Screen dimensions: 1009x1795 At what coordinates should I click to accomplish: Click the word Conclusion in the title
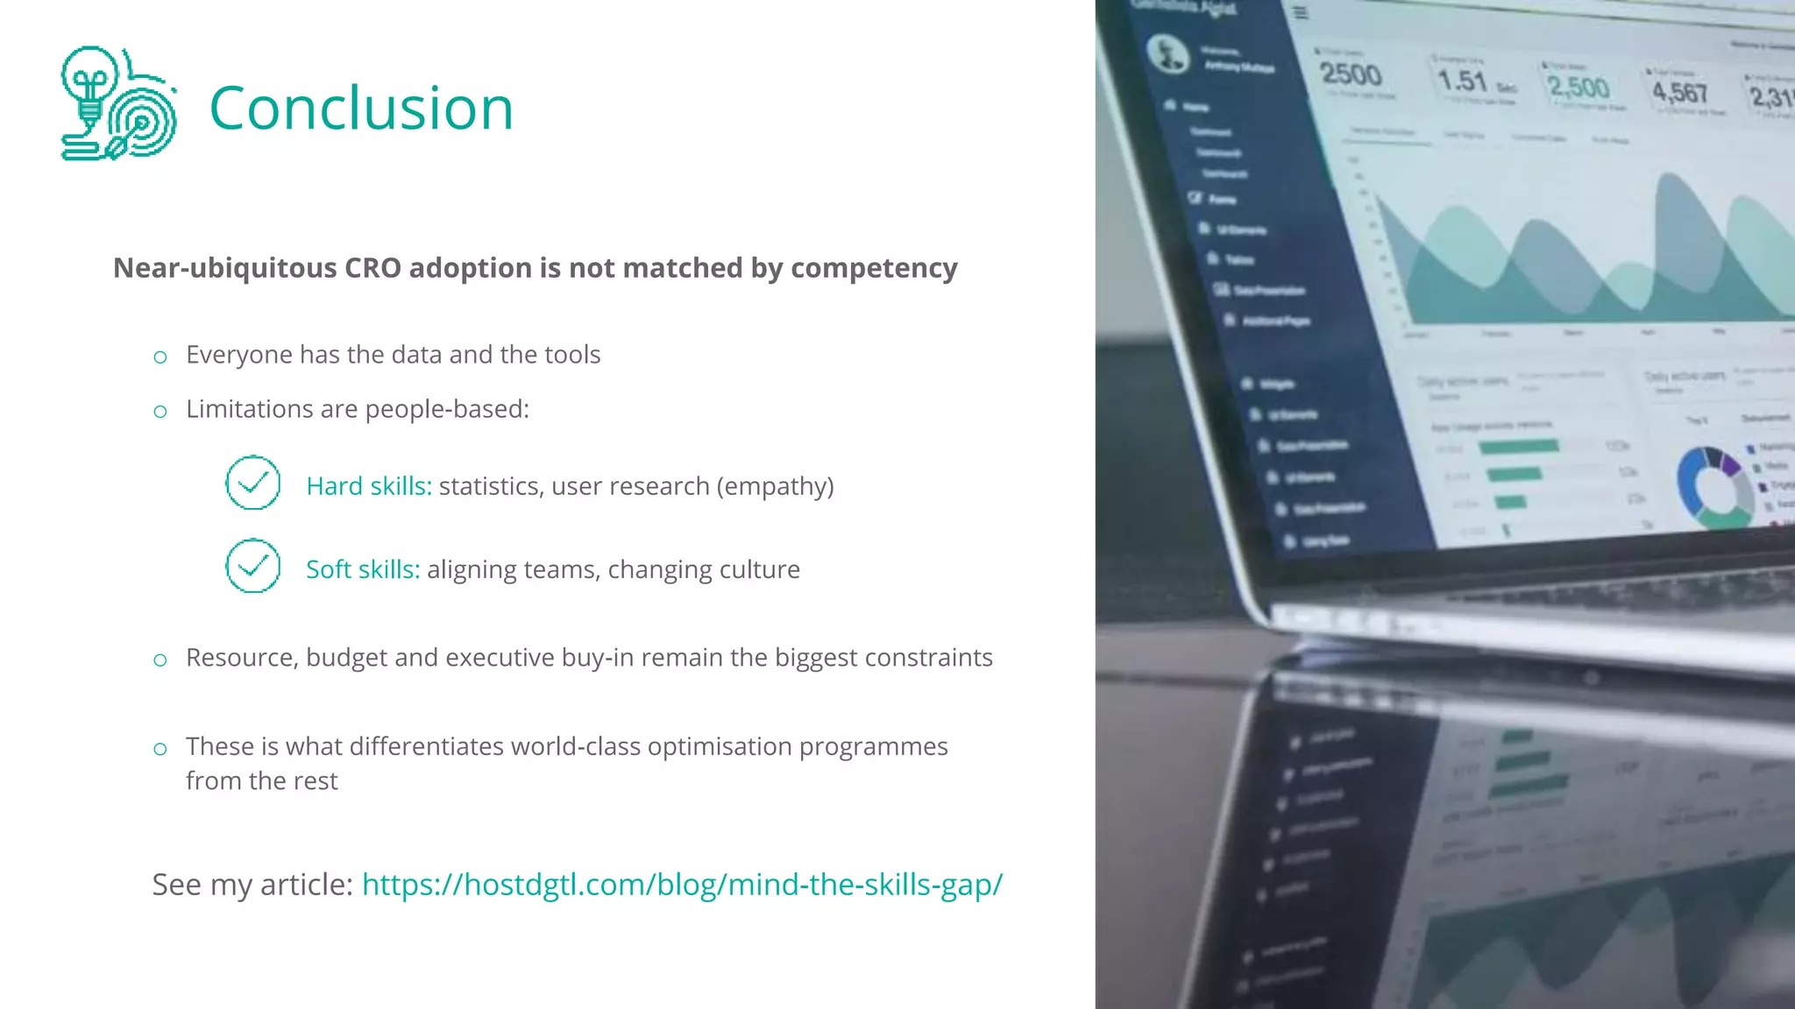pyautogui.click(x=361, y=109)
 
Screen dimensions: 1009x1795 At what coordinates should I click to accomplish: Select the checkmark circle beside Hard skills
pyautogui.click(x=252, y=483)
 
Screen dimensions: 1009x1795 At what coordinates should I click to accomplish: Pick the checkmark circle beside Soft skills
pyautogui.click(x=252, y=566)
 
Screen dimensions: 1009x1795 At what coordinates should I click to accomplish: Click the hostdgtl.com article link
pyautogui.click(x=682, y=885)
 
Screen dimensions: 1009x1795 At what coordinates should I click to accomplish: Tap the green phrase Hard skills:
pyautogui.click(x=369, y=486)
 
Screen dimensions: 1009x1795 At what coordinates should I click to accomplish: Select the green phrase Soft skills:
pyautogui.click(x=363, y=569)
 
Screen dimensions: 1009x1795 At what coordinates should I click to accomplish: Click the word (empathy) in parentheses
pyautogui.click(x=775, y=486)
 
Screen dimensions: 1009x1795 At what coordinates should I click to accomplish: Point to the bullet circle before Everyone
pyautogui.click(x=160, y=357)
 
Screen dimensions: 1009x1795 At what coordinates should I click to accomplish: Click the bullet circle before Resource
pyautogui.click(x=160, y=660)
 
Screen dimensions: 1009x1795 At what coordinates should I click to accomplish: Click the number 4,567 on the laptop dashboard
pyautogui.click(x=1679, y=92)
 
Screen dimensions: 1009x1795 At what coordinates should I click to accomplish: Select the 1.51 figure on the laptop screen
pyautogui.click(x=1462, y=81)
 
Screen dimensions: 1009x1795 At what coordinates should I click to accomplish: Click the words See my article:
pyautogui.click(x=252, y=885)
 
